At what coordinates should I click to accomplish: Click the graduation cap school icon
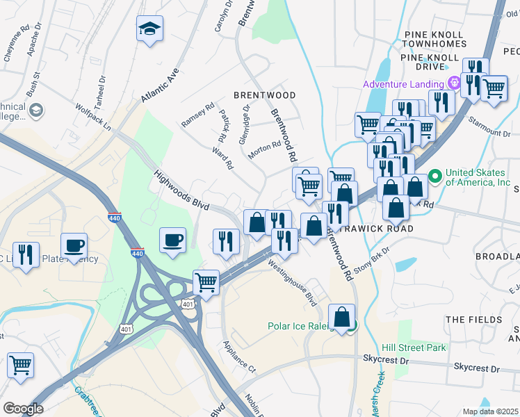149,29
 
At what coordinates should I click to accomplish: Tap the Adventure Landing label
405,85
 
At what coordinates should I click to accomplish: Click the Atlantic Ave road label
160,85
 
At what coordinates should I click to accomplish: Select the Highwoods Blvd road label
181,188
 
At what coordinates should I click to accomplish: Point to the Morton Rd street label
264,149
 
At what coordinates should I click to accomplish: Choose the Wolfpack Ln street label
93,116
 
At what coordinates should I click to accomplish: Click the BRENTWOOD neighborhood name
264,95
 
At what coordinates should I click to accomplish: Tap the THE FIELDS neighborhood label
473,320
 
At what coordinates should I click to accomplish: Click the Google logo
23,408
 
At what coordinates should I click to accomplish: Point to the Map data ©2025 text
490,411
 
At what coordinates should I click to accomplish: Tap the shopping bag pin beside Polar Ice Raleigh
342,318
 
